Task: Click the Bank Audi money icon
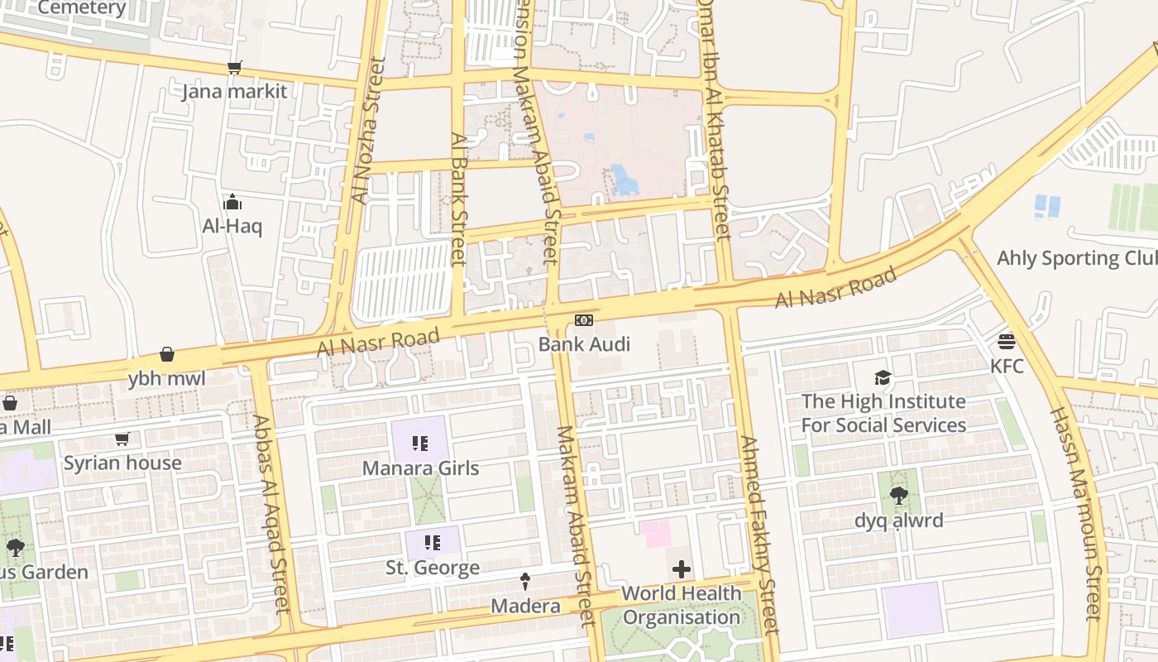(x=584, y=320)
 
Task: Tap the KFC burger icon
(x=1007, y=341)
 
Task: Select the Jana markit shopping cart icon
(x=235, y=68)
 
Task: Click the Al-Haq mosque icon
(x=232, y=202)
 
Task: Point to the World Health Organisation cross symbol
(x=682, y=569)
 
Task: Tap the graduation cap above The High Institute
(x=883, y=377)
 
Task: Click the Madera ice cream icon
(x=524, y=582)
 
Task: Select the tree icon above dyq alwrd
(x=898, y=496)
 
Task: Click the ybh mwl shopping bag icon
(x=167, y=355)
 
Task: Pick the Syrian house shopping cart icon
(x=122, y=439)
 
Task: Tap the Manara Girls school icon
(x=420, y=444)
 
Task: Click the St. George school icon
(x=432, y=543)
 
